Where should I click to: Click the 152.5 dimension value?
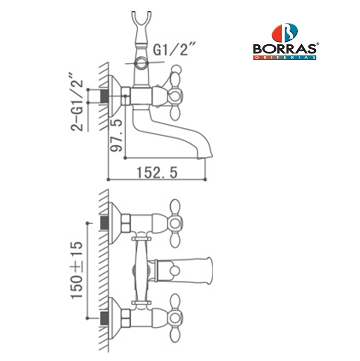pyautogui.click(x=157, y=172)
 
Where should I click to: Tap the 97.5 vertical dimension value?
pyautogui.click(x=116, y=135)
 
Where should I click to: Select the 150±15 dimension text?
pyautogui.click(x=77, y=270)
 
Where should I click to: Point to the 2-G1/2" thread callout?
pyautogui.click(x=76, y=102)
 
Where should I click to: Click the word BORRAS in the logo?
pyautogui.click(x=285, y=49)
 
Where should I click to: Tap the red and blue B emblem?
pyautogui.click(x=285, y=33)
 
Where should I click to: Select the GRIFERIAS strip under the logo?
pyautogui.click(x=285, y=57)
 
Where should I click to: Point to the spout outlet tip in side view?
pyautogui.click(x=205, y=157)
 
